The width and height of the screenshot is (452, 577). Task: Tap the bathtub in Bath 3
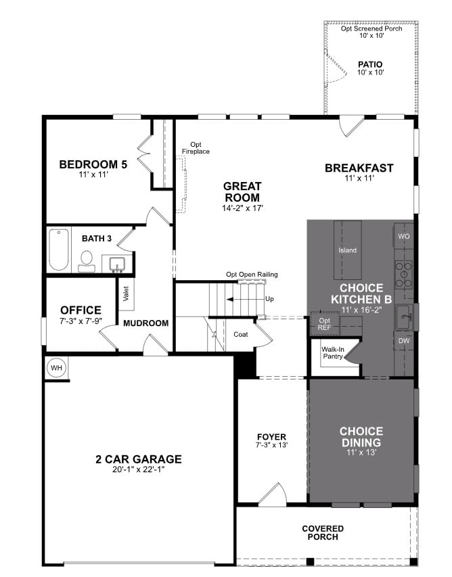[x=59, y=250]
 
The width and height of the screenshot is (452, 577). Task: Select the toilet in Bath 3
[x=87, y=260]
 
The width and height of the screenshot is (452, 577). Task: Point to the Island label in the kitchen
[x=347, y=250]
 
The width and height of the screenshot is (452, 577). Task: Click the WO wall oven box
[x=404, y=236]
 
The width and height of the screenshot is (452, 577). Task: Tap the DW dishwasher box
[x=403, y=341]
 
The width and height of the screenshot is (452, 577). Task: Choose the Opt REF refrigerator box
[x=325, y=323]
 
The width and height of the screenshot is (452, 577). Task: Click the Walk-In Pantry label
[x=332, y=352]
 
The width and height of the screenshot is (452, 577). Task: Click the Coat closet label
[x=241, y=334]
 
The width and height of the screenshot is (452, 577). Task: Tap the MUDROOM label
[x=145, y=323]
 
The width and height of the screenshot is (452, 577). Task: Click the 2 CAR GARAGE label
[x=139, y=459]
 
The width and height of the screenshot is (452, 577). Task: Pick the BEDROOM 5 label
[x=93, y=164]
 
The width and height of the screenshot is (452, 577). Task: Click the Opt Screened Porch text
[x=371, y=28]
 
